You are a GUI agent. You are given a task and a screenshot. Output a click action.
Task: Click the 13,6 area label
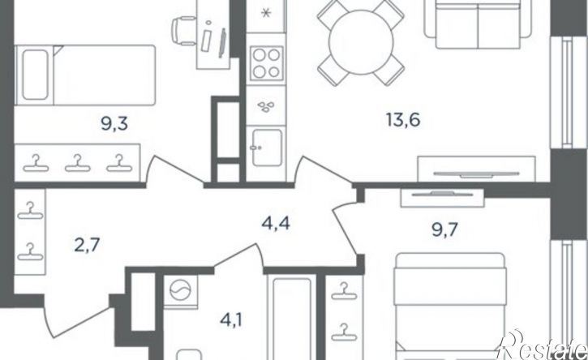click(403, 120)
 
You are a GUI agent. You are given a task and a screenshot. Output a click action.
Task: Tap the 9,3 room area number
click(114, 123)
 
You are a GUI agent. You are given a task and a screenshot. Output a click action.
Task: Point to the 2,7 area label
click(86, 246)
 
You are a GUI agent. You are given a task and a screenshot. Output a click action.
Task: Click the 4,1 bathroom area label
click(230, 321)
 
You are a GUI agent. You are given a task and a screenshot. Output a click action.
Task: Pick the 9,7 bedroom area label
click(444, 229)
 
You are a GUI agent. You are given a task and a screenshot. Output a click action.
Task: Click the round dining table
click(361, 41)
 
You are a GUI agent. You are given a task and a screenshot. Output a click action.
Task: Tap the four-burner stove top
click(266, 62)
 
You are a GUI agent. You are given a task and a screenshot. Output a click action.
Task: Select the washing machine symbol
click(180, 290)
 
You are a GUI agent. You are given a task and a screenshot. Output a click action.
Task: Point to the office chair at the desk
click(184, 31)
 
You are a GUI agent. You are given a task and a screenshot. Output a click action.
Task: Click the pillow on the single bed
click(35, 75)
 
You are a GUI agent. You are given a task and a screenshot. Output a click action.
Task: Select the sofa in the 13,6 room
click(479, 24)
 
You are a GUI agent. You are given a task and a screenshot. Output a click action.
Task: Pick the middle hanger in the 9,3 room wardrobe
click(78, 163)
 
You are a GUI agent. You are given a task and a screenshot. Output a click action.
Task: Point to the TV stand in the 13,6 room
click(477, 169)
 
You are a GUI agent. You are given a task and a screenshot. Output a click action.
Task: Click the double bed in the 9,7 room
click(449, 306)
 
